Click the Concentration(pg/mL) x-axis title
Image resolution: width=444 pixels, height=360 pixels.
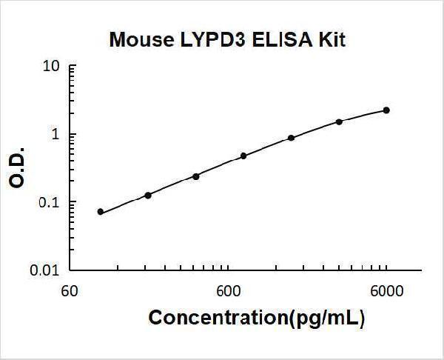point(257,318)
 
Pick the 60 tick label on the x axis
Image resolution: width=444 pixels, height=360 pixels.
point(68,291)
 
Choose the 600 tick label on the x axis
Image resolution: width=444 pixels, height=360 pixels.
point(226,291)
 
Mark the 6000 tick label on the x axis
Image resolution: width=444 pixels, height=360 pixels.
point(386,291)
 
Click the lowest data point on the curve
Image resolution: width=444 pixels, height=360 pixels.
point(101,212)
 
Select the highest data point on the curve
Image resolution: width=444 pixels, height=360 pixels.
point(386,110)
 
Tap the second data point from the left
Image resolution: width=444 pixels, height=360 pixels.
point(148,195)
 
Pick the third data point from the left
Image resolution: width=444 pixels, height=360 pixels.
point(196,176)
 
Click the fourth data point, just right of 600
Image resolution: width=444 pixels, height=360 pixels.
point(243,156)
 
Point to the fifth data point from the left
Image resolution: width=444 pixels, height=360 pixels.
point(291,138)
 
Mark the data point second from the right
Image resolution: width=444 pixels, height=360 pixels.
point(339,121)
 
